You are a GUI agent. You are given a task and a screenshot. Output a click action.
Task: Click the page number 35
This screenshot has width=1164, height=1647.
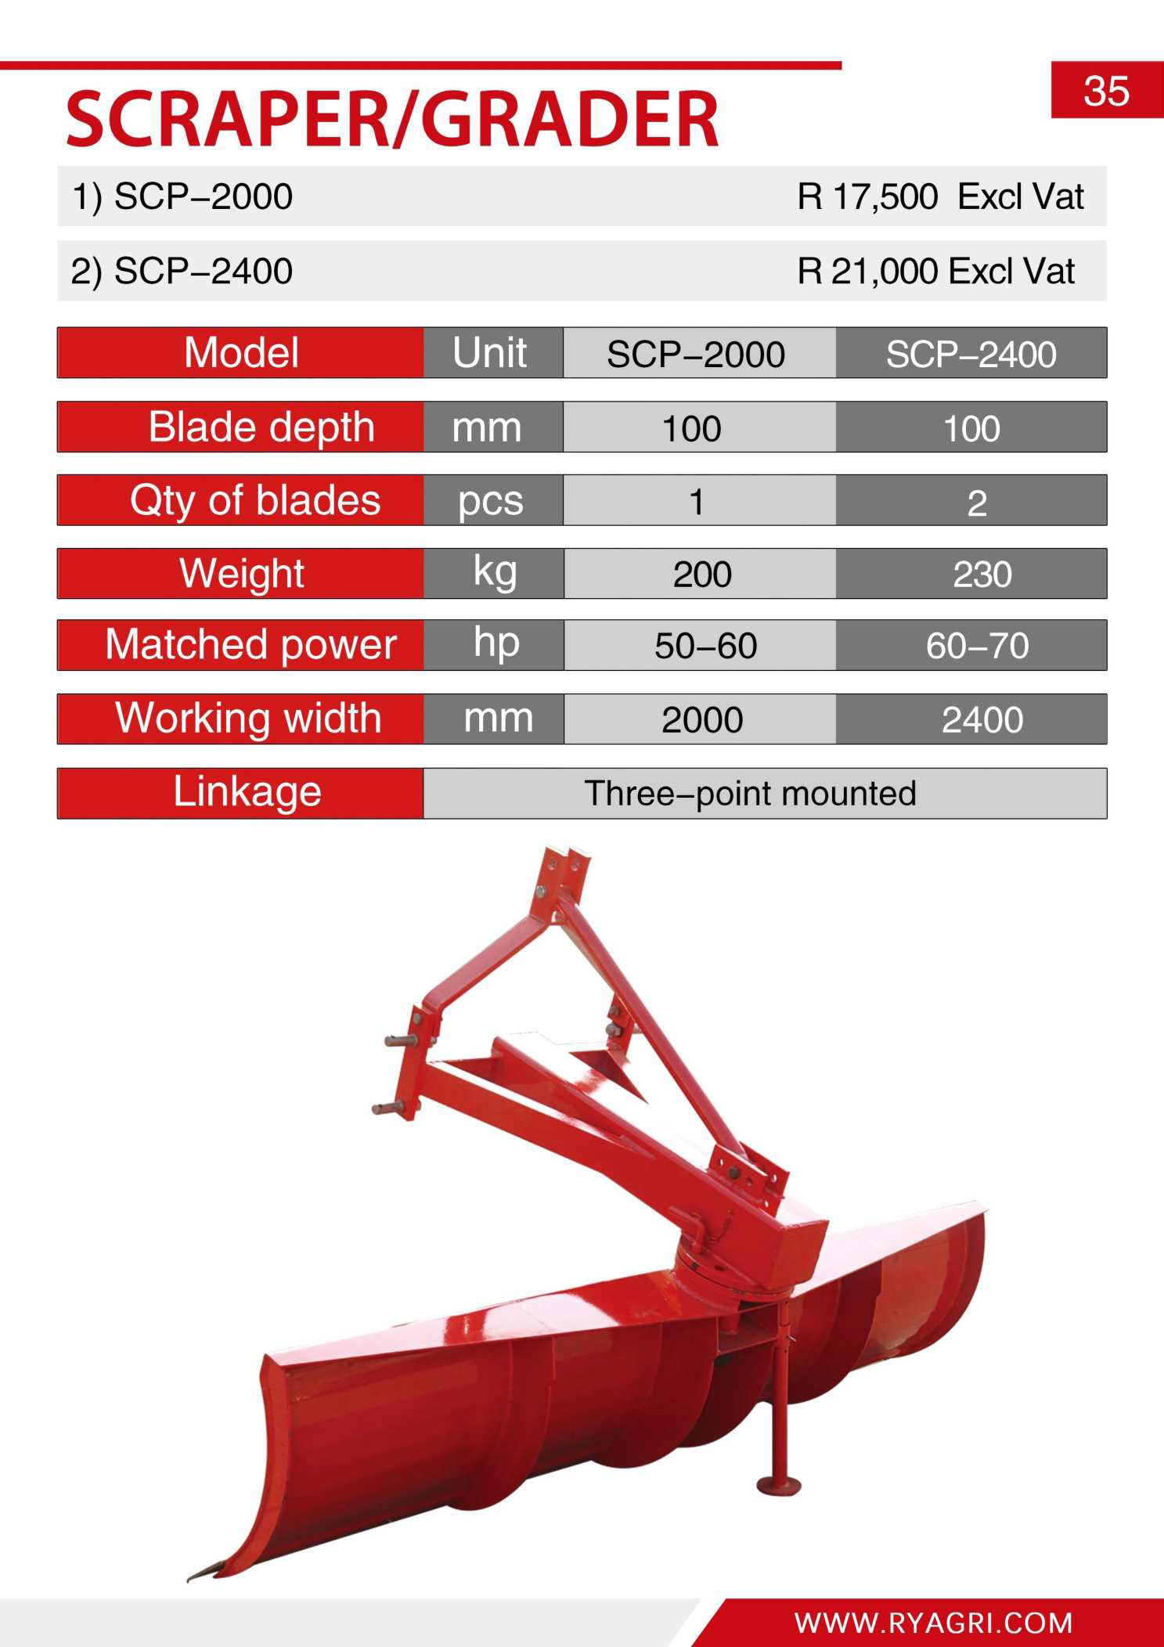(1106, 91)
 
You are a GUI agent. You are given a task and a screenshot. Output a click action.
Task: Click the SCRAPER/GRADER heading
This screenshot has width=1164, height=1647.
(392, 119)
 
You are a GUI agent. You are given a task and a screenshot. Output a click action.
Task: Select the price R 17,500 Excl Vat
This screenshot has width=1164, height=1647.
(940, 196)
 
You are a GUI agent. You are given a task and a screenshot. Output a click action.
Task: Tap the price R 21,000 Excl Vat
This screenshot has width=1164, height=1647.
(935, 272)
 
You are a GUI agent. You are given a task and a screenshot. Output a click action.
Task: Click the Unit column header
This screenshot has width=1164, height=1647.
(490, 353)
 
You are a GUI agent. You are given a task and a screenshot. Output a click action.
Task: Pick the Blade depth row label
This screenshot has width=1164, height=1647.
(261, 427)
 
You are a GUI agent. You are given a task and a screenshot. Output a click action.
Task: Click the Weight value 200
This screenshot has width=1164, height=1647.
(702, 575)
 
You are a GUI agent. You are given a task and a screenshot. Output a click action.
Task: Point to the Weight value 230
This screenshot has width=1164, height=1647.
(982, 575)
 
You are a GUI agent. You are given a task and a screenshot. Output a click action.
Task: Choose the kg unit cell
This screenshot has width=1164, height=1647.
(495, 572)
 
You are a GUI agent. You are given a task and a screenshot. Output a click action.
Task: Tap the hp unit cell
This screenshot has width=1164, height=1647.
(496, 643)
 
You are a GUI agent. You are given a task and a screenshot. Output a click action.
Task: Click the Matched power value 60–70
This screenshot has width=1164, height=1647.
(977, 646)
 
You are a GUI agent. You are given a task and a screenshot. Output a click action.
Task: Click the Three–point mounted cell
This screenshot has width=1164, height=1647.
(750, 794)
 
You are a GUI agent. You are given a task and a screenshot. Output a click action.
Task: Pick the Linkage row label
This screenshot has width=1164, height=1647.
(247, 792)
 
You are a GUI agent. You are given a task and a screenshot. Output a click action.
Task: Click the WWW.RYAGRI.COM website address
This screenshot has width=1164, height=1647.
(934, 1622)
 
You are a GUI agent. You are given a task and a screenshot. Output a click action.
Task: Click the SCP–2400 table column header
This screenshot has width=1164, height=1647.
(971, 355)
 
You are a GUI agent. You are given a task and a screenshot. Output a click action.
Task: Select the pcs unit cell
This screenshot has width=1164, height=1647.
(490, 502)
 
